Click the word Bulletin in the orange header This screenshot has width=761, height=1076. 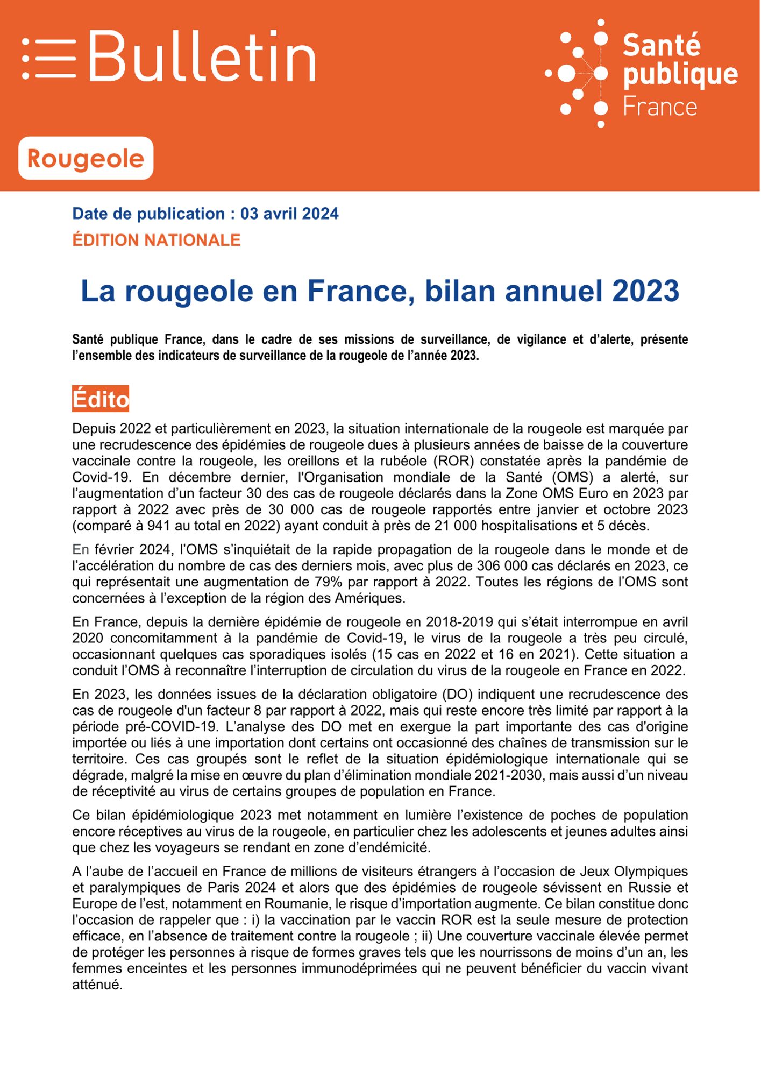[x=202, y=56]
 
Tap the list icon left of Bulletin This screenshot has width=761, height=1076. [x=48, y=59]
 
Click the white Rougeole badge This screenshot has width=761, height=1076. [x=86, y=158]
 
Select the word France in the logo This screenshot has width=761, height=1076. [x=660, y=107]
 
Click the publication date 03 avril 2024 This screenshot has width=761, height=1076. [x=289, y=214]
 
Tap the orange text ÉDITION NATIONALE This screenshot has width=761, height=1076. [x=156, y=240]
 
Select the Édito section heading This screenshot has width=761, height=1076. [x=101, y=399]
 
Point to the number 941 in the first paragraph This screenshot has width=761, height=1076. [x=160, y=526]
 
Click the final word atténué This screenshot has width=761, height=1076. [x=97, y=985]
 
